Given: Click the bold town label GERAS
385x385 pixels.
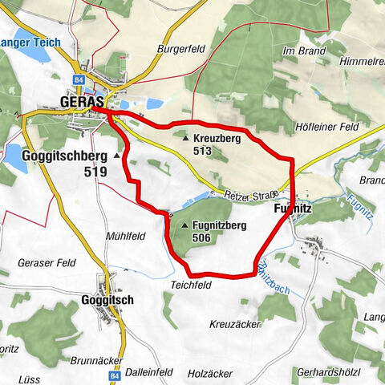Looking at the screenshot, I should tap(81, 102).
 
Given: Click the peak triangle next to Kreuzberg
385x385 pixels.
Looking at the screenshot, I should tap(185, 139).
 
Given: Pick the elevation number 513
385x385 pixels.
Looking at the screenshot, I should tap(201, 151).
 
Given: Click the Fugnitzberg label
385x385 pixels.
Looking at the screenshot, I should tap(219, 226).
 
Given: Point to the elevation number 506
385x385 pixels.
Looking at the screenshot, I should tap(201, 238).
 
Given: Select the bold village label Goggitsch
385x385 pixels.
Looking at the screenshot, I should tap(107, 300).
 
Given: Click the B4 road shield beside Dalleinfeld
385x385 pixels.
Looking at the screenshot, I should tap(114, 352).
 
